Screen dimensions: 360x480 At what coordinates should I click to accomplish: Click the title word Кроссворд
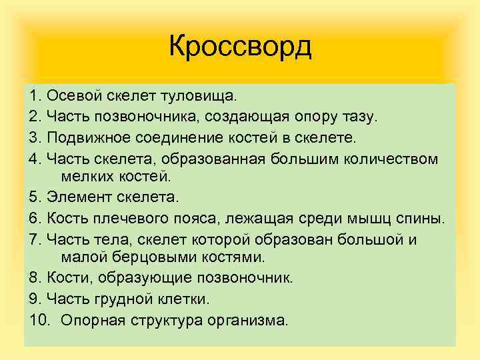click(x=240, y=47)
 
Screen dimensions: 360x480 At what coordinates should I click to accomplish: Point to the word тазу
click(x=359, y=118)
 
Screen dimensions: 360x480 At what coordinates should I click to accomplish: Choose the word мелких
click(x=84, y=177)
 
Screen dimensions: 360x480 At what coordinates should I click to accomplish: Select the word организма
click(x=249, y=319)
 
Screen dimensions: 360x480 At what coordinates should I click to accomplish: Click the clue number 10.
click(x=39, y=319)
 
